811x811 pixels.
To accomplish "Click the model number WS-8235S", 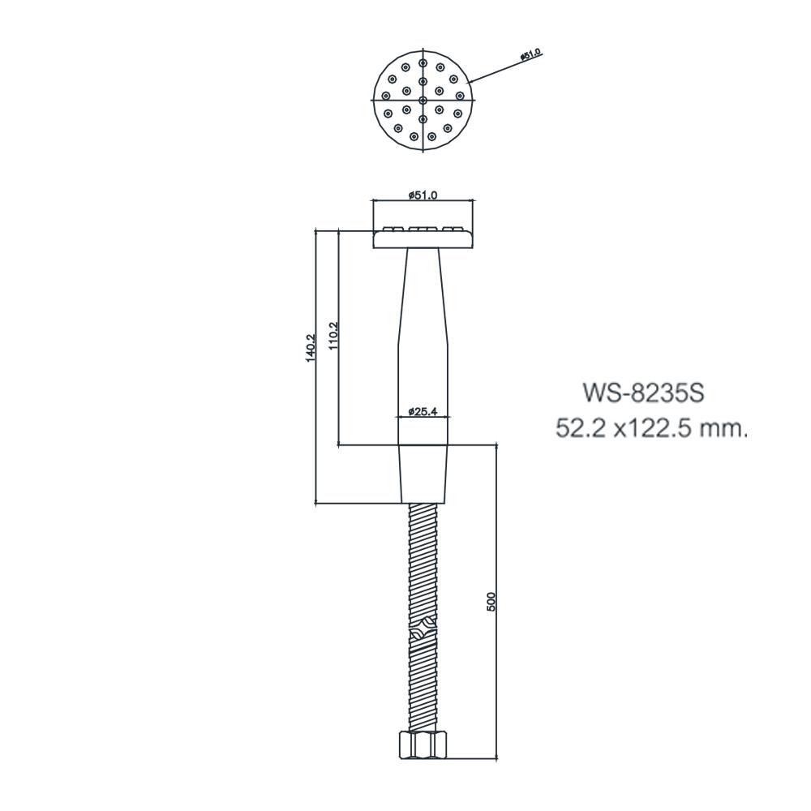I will coord(643,394).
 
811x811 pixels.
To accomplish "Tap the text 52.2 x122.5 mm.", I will coord(650,428).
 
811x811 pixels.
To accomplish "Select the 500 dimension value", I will coord(490,601).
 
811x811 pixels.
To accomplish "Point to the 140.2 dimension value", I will coord(310,349).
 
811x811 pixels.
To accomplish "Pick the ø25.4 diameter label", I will coord(423,411).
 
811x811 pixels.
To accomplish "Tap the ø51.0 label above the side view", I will coord(423,195).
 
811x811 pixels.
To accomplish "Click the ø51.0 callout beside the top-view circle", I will coord(531,54).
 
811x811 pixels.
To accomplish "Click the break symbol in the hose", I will coord(423,629).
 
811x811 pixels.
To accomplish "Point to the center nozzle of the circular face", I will coord(423,100).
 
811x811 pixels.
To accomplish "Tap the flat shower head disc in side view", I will coord(423,238).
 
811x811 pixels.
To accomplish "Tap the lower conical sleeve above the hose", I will coord(423,474).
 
